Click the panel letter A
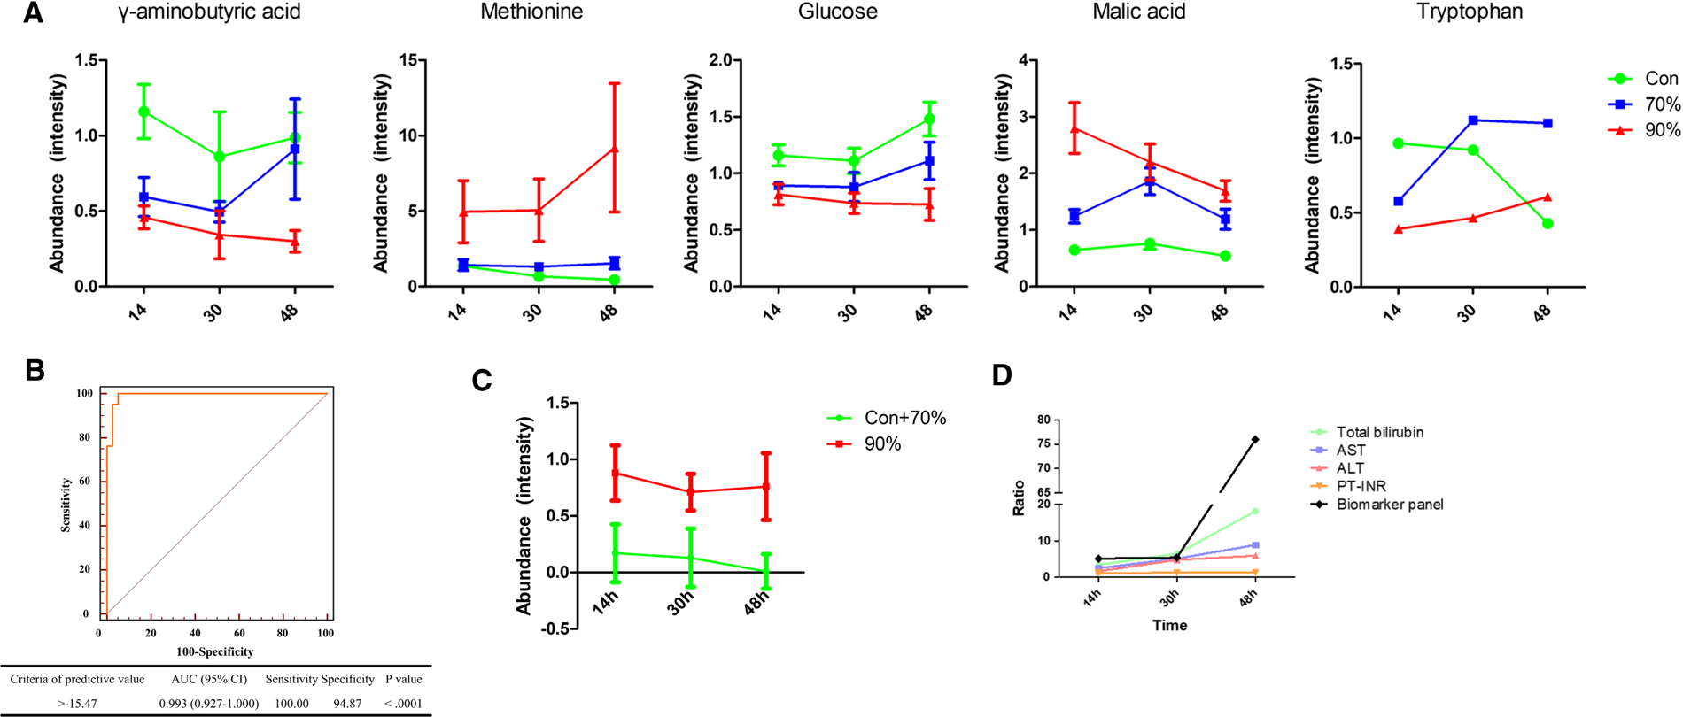32,13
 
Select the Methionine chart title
531,12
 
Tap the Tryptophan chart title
1469,12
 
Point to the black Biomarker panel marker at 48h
1255,439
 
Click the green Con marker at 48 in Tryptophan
1547,224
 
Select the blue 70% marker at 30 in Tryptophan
1473,120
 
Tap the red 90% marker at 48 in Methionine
614,150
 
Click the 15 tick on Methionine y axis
407,60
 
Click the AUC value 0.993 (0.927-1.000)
209,704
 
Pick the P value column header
404,679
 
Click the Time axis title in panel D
1169,625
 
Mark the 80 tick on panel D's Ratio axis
1043,420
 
